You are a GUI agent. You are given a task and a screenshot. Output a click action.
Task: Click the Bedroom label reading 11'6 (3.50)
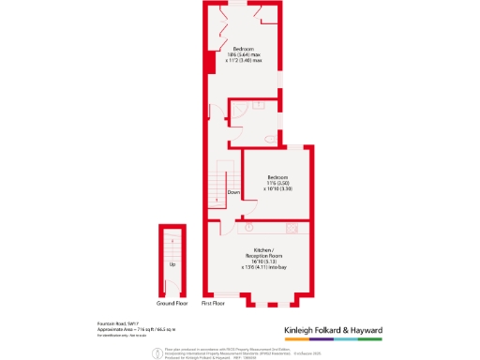point(278,182)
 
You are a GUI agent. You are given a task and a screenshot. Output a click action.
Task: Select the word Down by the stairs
point(233,192)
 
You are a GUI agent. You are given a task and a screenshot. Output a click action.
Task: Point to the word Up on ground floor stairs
point(172,264)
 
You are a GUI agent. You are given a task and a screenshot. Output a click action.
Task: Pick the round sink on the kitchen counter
point(250,227)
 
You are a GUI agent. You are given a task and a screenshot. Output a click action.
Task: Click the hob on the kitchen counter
point(292,228)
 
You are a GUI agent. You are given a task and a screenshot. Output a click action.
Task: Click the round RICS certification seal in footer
point(156,352)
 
